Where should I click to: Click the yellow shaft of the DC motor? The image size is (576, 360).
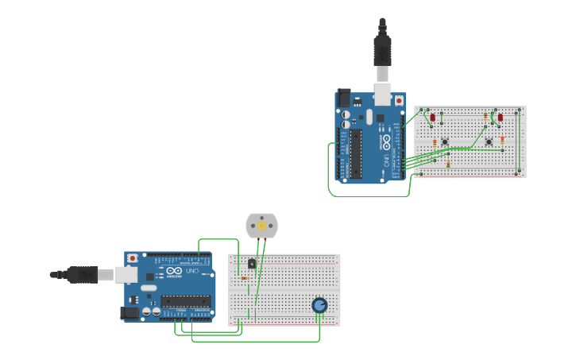click(262, 226)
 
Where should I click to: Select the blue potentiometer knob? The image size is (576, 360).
click(319, 305)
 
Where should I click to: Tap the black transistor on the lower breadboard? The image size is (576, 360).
click(252, 264)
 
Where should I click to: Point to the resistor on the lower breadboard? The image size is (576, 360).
click(245, 278)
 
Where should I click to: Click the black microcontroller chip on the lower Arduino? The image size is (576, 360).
click(186, 301)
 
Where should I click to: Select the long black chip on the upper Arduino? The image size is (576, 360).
click(355, 153)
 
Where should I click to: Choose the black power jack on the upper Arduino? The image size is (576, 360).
click(343, 98)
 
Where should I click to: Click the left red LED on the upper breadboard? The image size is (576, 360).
click(433, 118)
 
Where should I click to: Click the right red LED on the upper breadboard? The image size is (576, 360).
click(500, 118)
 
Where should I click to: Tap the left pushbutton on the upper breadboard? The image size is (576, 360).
click(445, 142)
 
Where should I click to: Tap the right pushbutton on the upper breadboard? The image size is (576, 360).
click(489, 142)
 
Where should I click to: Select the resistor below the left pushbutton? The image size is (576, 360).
click(448, 164)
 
